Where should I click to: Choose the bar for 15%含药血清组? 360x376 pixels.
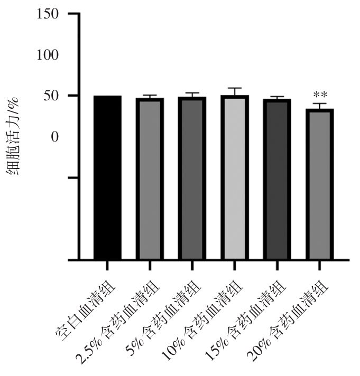pyautogui.click(x=276, y=179)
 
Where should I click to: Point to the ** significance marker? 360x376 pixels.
pyautogui.click(x=319, y=96)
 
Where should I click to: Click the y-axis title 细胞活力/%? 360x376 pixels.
pyautogui.click(x=14, y=137)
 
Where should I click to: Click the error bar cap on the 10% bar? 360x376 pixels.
pyautogui.click(x=234, y=88)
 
